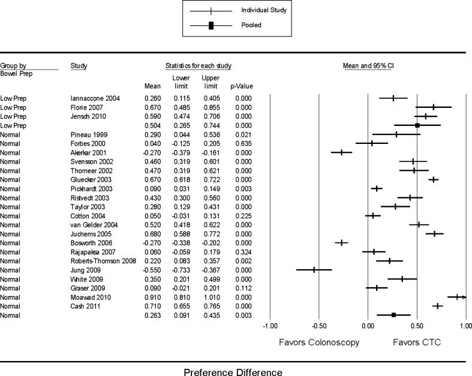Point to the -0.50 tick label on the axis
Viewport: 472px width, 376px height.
(x=318, y=326)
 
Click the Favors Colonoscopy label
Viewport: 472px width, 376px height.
(x=319, y=342)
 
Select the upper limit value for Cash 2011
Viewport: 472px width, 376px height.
(x=211, y=306)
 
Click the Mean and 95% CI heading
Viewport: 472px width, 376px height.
(x=367, y=65)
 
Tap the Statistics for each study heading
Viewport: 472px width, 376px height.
(x=198, y=65)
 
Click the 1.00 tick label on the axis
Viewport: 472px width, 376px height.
(x=464, y=326)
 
